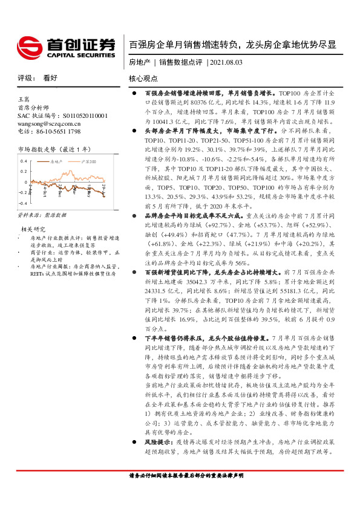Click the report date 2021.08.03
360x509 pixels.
226,62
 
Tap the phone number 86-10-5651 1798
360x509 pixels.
57,131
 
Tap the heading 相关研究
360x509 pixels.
34,229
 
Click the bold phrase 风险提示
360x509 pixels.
158,443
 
